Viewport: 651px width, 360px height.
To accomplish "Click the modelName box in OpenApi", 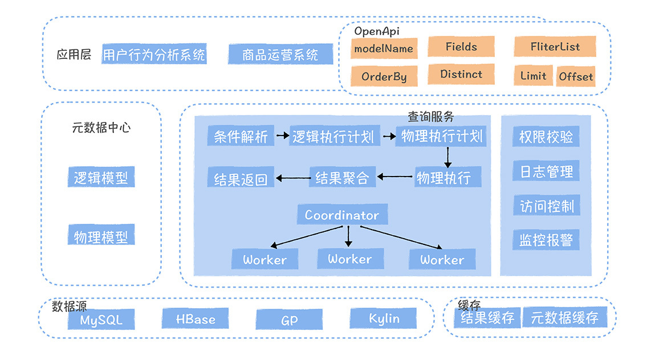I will click(x=384, y=48).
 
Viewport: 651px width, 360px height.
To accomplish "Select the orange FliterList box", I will click(x=555, y=47).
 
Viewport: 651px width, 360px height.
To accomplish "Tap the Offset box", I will click(x=576, y=76).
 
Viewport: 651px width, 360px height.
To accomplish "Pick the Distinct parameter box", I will click(x=461, y=74).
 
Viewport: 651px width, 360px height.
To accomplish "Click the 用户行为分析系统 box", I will click(x=154, y=55).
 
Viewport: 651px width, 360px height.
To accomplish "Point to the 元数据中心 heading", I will click(x=101, y=128).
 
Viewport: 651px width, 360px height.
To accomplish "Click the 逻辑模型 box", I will click(x=101, y=178).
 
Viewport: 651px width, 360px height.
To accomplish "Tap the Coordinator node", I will click(x=341, y=215).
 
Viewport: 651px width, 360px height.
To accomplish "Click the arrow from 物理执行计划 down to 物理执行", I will click(x=448, y=156).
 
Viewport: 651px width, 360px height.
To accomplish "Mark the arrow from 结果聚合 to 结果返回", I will click(x=292, y=178).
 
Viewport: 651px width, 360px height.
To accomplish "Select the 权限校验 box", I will click(x=546, y=137).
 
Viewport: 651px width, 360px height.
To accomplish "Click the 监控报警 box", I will click(x=546, y=239).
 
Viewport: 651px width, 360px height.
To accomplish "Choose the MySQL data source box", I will click(x=101, y=320).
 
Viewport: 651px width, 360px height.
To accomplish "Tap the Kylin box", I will click(x=384, y=318).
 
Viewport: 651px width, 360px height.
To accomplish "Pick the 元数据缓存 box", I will click(x=564, y=317).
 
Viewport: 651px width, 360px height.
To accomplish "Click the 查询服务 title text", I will click(x=431, y=117).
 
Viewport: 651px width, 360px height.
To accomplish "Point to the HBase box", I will click(x=195, y=319).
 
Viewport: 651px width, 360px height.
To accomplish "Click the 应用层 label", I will click(x=74, y=55).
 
